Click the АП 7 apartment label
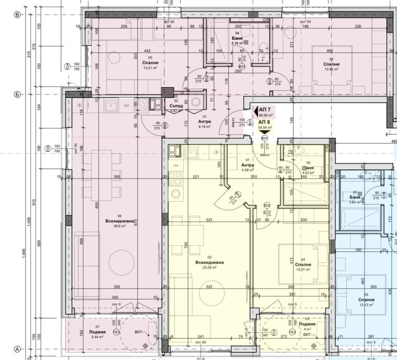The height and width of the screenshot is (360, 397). [x=265, y=109]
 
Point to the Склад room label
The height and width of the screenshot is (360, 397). [x=176, y=105]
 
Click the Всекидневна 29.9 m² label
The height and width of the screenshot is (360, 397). [x=117, y=222]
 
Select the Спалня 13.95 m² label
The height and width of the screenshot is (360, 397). [x=331, y=67]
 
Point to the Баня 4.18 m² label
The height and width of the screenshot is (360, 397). [x=239, y=40]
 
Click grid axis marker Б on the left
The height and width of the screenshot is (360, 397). [x=17, y=93]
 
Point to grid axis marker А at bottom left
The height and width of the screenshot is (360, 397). [x=17, y=349]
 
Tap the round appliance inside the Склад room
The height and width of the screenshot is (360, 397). [x=197, y=101]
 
